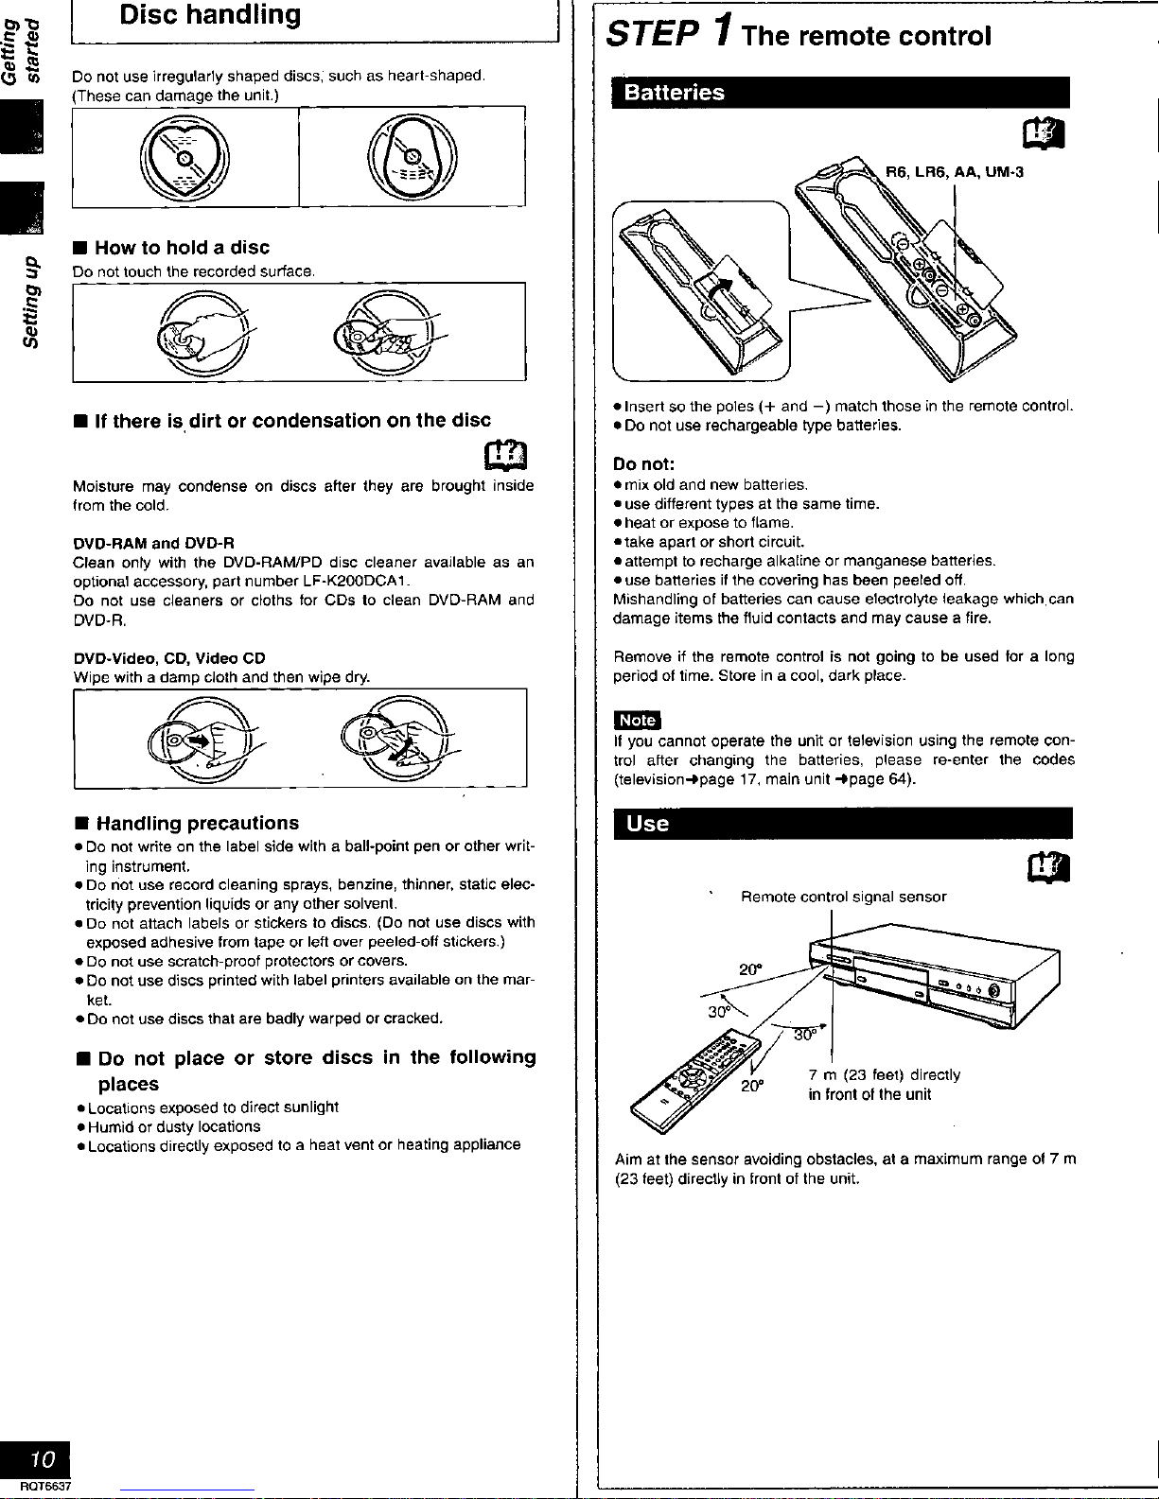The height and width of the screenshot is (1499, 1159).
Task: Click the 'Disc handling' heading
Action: (210, 15)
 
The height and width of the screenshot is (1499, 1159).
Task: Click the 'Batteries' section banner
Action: (673, 93)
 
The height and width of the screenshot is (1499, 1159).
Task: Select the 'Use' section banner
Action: (648, 824)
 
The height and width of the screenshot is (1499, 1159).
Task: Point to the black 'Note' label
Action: (637, 721)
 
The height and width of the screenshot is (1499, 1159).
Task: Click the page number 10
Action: (43, 1457)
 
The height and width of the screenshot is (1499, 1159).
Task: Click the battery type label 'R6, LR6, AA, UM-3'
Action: (954, 172)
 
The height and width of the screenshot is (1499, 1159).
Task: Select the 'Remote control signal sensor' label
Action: (843, 897)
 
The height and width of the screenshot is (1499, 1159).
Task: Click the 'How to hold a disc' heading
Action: (182, 248)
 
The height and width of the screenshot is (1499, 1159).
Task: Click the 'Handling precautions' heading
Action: (197, 824)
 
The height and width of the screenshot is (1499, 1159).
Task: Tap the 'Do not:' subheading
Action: (643, 464)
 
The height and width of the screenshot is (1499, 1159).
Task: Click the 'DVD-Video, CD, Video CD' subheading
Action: (168, 658)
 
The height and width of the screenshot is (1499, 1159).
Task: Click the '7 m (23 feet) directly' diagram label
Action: (884, 1075)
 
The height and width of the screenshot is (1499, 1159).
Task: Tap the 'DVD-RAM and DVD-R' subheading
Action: (153, 543)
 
